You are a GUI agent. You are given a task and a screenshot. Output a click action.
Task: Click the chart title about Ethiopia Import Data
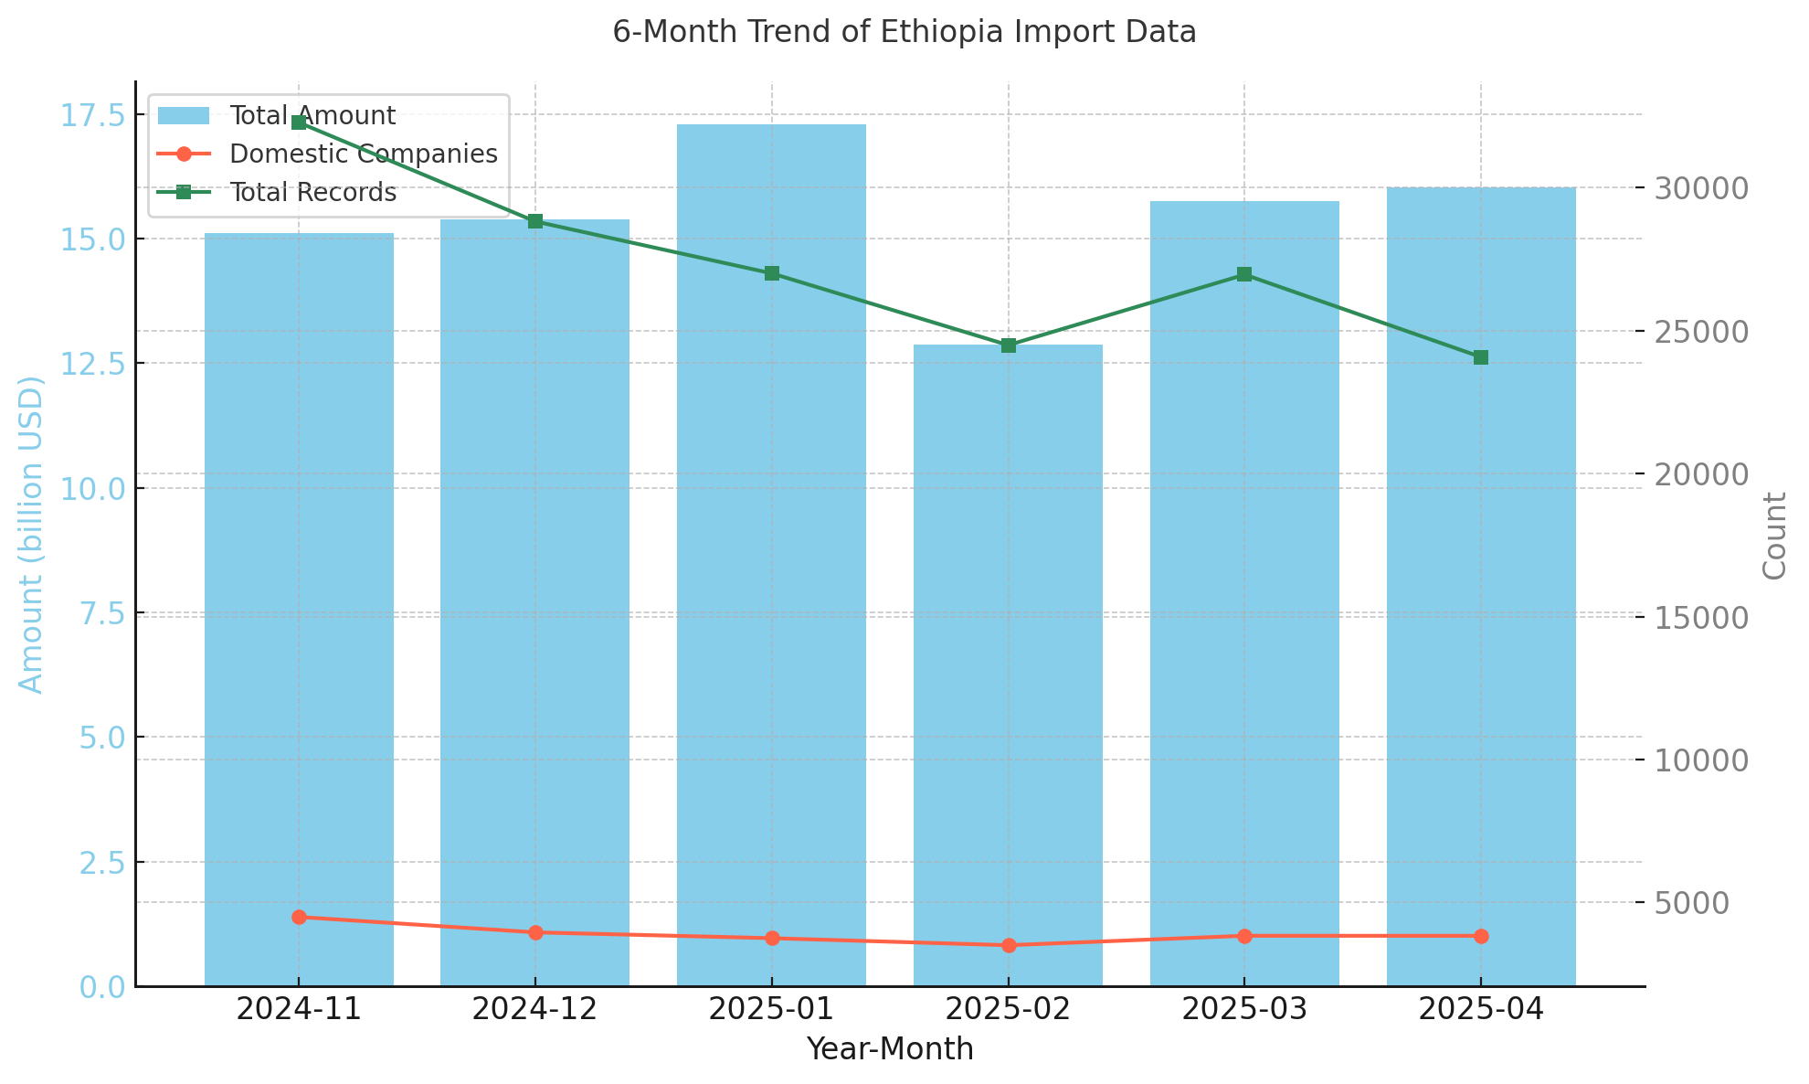(904, 33)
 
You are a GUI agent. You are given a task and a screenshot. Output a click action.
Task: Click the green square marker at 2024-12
(535, 221)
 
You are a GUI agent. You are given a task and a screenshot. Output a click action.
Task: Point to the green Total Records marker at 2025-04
(1481, 357)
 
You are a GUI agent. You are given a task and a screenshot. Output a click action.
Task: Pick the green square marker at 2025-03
(1244, 274)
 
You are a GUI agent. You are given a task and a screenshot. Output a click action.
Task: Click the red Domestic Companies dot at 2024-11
(299, 917)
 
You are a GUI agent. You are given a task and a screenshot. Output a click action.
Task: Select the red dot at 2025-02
(1009, 945)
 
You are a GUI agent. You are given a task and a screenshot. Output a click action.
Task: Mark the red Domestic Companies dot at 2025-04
(1481, 936)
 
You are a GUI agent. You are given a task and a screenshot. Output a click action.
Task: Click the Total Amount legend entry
(312, 116)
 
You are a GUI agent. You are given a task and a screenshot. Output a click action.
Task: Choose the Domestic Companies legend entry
(363, 154)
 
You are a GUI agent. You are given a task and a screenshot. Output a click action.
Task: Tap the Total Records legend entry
(312, 193)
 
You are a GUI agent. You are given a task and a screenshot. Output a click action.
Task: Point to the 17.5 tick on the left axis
(93, 115)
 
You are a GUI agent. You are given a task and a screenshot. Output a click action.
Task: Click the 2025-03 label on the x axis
(1244, 1010)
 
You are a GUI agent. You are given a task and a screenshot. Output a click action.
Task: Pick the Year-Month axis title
(889, 1049)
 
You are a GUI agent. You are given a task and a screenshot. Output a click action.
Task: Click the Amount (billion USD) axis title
(32, 535)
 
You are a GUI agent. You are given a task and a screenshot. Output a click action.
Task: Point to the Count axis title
(1774, 536)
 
